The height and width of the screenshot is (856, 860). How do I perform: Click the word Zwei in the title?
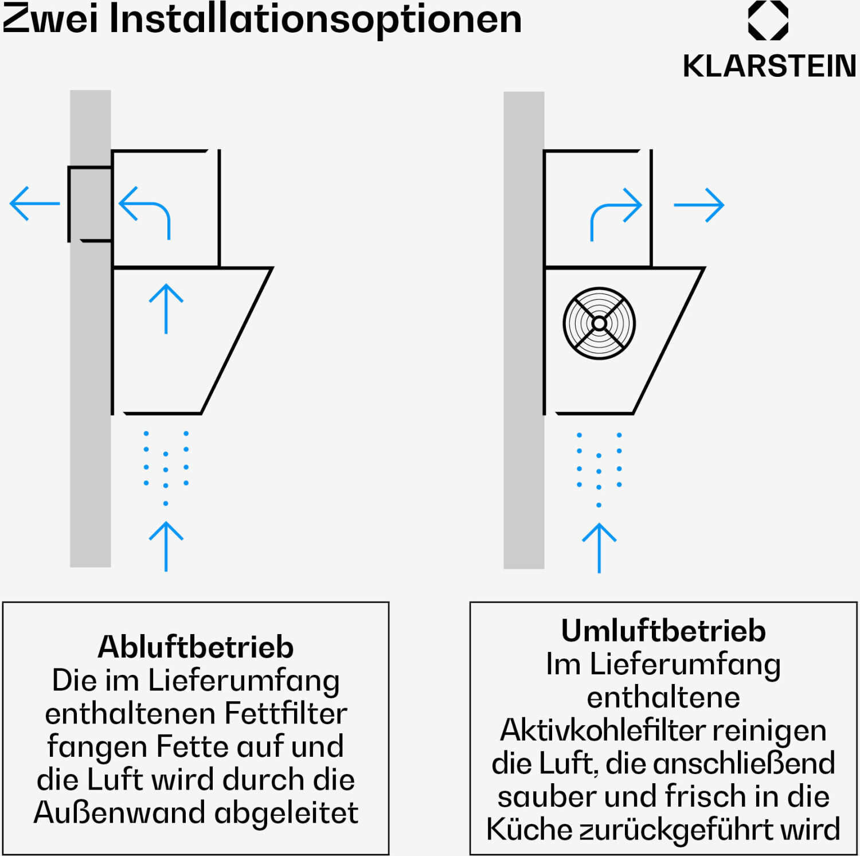coord(51,18)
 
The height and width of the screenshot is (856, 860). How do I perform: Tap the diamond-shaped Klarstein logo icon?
coord(768,20)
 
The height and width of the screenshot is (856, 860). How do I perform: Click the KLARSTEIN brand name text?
coord(769,66)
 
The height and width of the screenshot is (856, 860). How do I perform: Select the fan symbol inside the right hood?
coord(599,323)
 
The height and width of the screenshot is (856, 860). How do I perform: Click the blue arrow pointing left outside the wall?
coord(35,204)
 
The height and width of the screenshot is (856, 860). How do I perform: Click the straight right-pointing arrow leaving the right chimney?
coord(699,205)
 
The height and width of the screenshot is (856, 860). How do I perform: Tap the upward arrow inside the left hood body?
coord(166,308)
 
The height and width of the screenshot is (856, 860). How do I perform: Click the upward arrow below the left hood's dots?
coord(166,546)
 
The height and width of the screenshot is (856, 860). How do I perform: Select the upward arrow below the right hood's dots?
coord(599,548)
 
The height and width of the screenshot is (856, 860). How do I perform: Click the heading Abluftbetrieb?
coord(196,647)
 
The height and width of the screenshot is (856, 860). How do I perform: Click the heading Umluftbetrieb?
coord(663,631)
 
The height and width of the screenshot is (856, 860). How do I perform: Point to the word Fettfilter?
coord(286,714)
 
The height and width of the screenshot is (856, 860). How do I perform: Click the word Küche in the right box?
coord(529,830)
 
